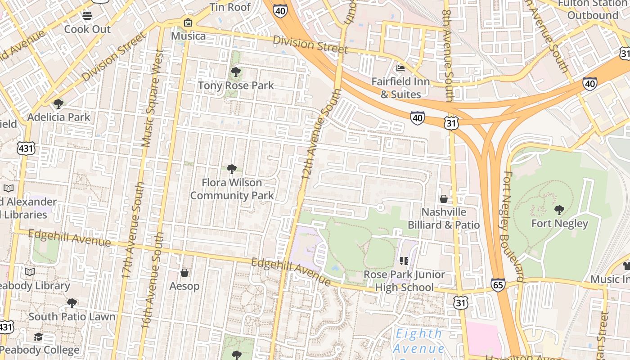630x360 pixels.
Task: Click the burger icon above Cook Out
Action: tap(87, 16)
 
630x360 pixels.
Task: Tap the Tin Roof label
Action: tap(230, 7)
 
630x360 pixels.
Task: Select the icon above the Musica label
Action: tap(188, 22)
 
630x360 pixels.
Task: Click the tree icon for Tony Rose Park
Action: tap(235, 72)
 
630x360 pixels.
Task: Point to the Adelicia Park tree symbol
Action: tap(58, 104)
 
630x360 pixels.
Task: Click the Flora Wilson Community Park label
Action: tap(232, 189)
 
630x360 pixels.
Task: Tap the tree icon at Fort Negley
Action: tap(559, 210)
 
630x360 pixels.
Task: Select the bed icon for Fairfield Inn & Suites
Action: tap(400, 68)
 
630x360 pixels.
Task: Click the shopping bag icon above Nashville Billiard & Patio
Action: tap(444, 199)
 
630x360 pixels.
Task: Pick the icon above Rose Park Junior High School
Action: tap(404, 261)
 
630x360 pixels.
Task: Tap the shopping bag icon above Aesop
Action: tap(184, 273)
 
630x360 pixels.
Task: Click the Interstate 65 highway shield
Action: tap(498, 285)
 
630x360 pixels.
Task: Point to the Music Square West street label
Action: tap(152, 98)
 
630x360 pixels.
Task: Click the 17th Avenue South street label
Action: tap(134, 229)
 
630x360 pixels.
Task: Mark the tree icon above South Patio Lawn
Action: tap(72, 303)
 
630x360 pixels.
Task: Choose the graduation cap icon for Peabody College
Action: tap(39, 337)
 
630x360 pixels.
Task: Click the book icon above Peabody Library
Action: tap(30, 272)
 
